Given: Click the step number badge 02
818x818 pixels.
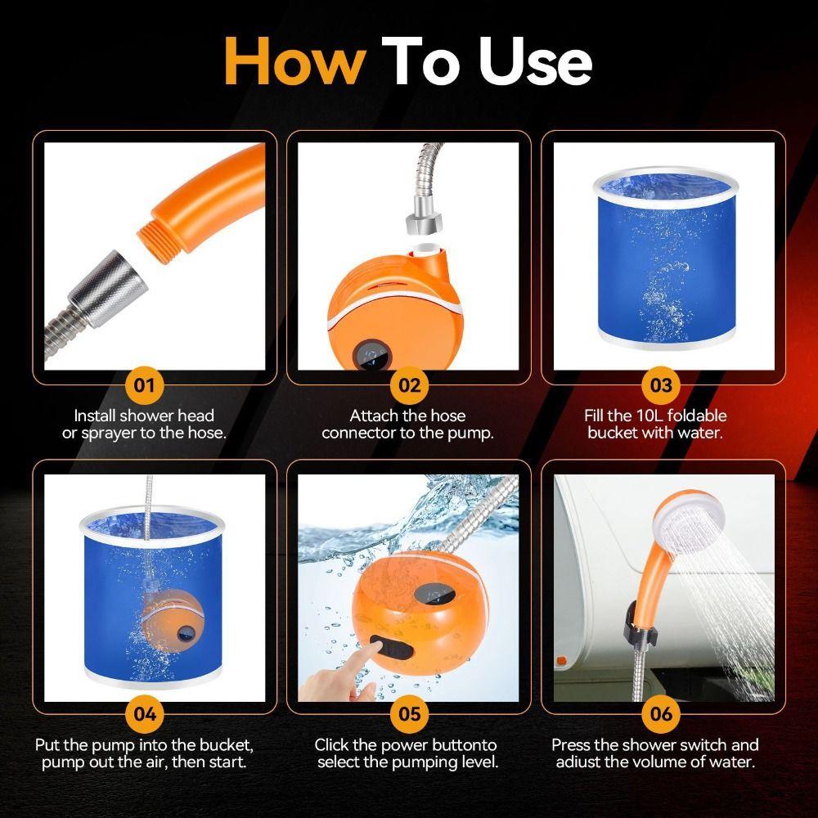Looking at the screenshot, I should coord(409,384).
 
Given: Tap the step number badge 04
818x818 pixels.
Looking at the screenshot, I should coord(145,713).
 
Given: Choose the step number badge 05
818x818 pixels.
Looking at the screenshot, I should coord(409,713).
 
